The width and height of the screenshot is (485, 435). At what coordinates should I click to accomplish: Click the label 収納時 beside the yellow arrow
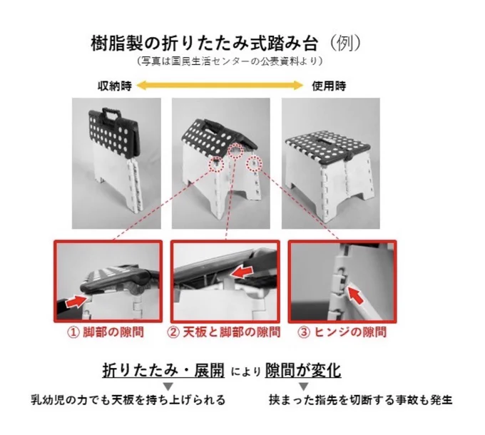[115, 86]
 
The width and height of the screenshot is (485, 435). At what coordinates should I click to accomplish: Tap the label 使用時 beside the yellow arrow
[329, 86]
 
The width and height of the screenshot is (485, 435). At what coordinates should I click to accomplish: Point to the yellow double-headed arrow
[220, 85]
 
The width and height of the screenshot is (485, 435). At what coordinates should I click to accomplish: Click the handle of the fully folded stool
[111, 113]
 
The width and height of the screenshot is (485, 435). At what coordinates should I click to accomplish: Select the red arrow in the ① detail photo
[76, 301]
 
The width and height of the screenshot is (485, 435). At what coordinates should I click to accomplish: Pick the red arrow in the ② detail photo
[242, 272]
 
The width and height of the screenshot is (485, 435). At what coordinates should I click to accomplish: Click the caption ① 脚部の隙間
[106, 332]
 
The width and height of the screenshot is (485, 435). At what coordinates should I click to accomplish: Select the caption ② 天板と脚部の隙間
[224, 332]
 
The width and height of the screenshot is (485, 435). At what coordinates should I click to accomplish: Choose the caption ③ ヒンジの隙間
[342, 332]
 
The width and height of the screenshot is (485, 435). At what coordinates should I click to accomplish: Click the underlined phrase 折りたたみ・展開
[163, 370]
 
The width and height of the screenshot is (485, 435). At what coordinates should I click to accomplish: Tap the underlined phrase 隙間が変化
[303, 370]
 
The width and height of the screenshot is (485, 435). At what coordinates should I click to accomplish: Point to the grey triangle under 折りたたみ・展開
[168, 386]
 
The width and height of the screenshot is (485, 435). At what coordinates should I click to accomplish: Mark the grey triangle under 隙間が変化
[304, 386]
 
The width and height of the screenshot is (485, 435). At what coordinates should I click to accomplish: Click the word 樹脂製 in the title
[117, 43]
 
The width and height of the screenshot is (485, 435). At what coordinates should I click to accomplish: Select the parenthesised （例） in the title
[344, 43]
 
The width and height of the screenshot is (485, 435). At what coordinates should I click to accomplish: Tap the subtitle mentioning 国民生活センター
[230, 61]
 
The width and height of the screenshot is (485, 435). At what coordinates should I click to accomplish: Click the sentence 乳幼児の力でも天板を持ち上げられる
[128, 400]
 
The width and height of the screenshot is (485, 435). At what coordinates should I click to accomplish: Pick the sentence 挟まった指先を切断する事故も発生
[360, 400]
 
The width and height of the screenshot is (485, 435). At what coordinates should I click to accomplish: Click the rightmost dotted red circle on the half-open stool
[254, 163]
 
